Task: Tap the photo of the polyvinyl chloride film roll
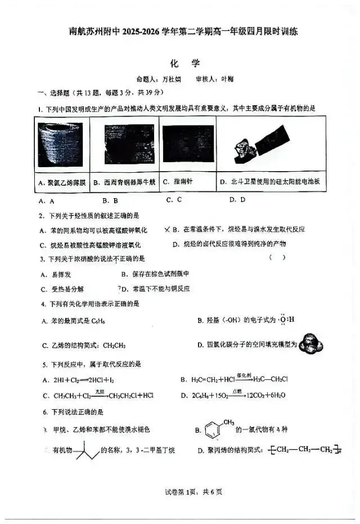click(x=60, y=145)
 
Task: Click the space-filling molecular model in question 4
click(x=310, y=344)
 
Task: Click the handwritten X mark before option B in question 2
click(x=166, y=229)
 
